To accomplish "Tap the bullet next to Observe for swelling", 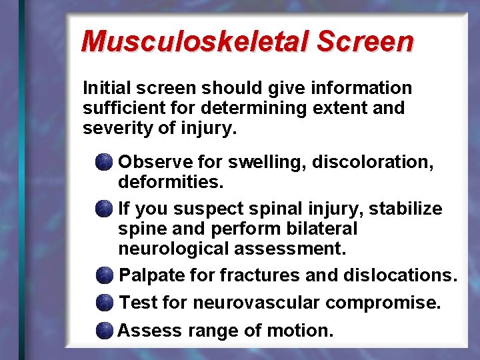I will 103,162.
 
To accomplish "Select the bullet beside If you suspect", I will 103,209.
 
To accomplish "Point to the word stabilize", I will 405,209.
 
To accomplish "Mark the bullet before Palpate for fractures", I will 104,275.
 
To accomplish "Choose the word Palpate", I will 153,275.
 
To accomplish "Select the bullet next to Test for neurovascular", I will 104,303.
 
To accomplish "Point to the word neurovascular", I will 257,303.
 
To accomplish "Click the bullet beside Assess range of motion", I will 104,331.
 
